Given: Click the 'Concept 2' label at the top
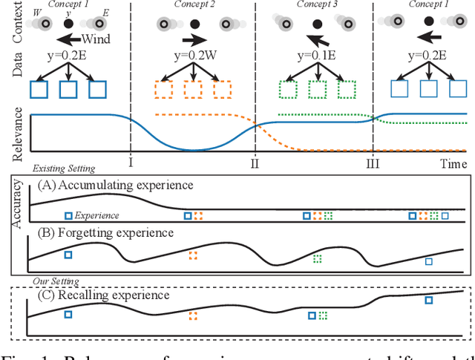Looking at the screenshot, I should click(x=193, y=4).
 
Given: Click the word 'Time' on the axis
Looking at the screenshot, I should click(x=451, y=163).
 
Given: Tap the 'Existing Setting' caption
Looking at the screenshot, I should click(x=64, y=170).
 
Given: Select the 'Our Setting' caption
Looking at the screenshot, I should click(x=59, y=281).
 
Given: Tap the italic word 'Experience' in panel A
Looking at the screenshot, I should click(x=98, y=215).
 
